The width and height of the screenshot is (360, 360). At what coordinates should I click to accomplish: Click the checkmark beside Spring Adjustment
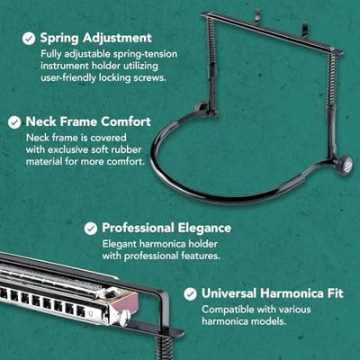click(x=29, y=39)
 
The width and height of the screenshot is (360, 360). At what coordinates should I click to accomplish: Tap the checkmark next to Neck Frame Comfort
click(x=14, y=122)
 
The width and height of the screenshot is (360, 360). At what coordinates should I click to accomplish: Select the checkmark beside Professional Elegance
click(x=91, y=229)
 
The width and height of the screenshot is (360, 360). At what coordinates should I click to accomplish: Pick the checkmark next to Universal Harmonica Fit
click(x=190, y=294)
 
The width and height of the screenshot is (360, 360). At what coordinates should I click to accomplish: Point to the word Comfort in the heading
click(x=126, y=121)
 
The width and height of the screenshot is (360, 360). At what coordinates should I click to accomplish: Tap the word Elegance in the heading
click(x=204, y=228)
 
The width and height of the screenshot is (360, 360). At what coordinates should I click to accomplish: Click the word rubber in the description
click(x=126, y=149)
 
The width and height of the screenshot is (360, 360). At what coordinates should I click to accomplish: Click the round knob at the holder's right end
click(x=344, y=164)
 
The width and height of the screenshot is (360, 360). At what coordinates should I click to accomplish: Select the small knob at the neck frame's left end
click(x=200, y=107)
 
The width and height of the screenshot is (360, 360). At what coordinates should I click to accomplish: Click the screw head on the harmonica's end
click(x=124, y=317)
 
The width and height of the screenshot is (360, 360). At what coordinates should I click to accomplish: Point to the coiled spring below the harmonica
click(x=165, y=347)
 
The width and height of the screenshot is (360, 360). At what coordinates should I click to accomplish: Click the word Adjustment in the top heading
click(x=117, y=39)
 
